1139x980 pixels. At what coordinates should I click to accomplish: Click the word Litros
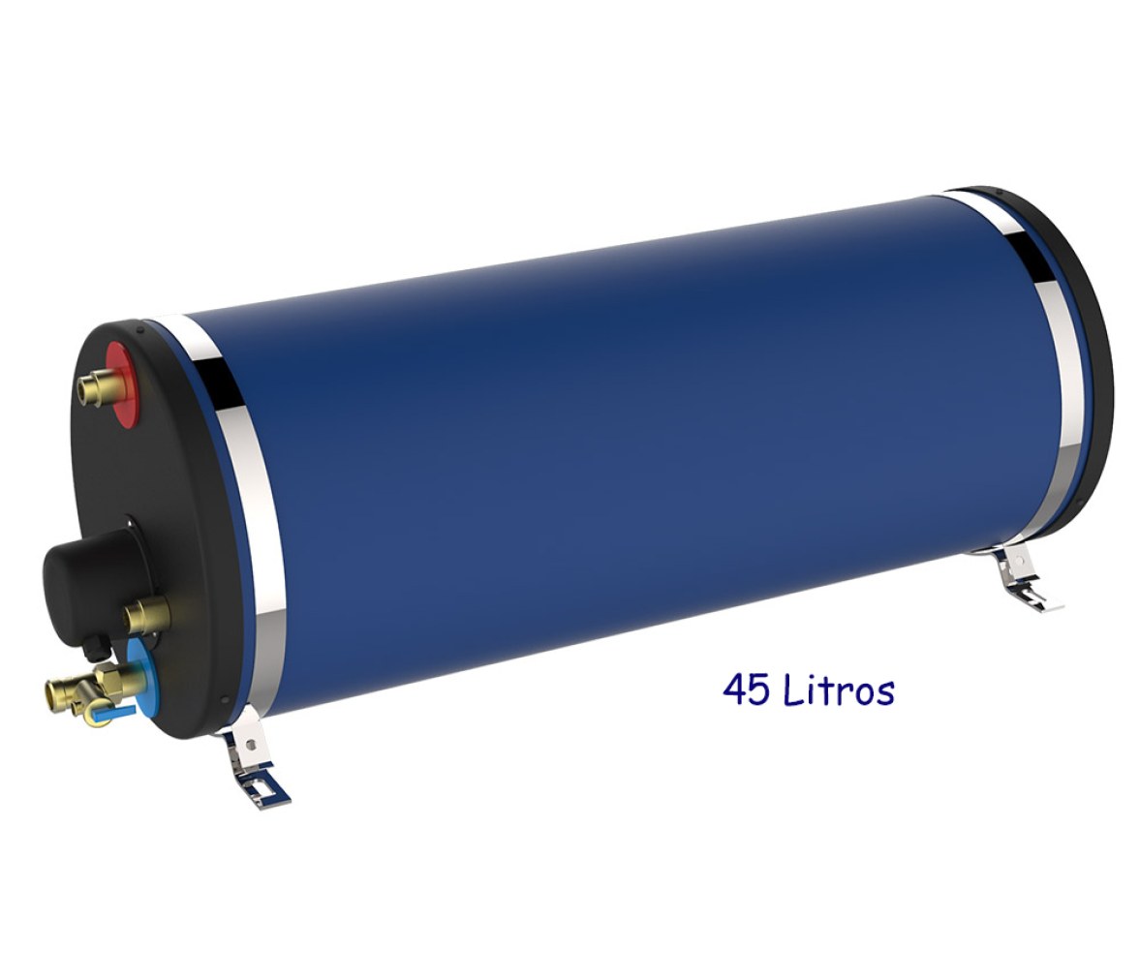pos(840,689)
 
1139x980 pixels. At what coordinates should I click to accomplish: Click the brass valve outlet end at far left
pos(54,689)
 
